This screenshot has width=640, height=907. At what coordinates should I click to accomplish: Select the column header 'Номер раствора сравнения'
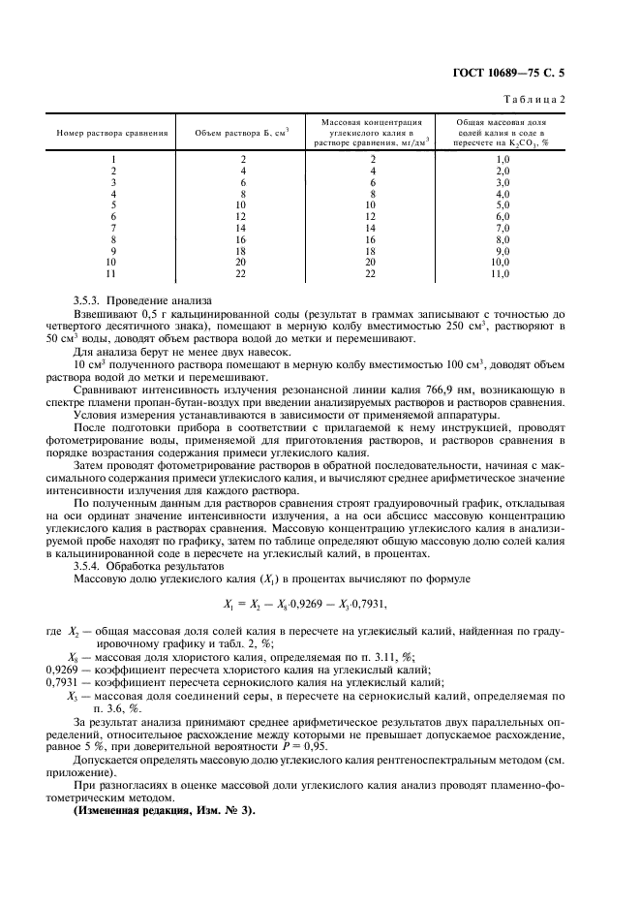tap(113, 133)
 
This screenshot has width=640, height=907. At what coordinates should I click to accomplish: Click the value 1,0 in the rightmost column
tap(502, 158)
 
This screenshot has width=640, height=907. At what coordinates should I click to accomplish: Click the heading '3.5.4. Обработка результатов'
tap(152, 565)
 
